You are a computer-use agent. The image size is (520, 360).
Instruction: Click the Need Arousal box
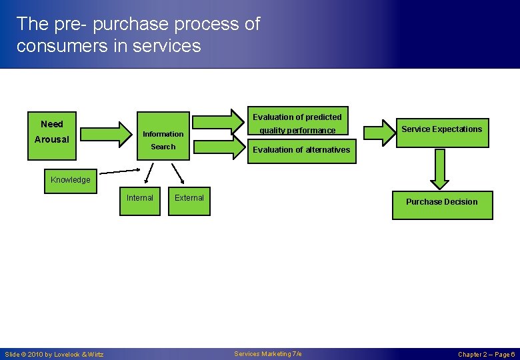pyautogui.click(x=52, y=131)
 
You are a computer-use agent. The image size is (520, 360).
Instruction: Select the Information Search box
pyautogui.click(x=163, y=140)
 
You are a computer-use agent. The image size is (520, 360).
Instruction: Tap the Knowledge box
pyautogui.click(x=70, y=180)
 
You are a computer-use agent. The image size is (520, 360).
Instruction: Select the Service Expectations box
pyautogui.click(x=441, y=130)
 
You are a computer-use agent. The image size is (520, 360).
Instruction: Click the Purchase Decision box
pyautogui.click(x=441, y=203)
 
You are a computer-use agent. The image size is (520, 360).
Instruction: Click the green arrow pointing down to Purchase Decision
pyautogui.click(x=440, y=169)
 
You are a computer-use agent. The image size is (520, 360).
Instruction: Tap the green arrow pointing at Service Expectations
pyautogui.click(x=379, y=131)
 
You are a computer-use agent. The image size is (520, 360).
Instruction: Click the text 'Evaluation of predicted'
pyautogui.click(x=297, y=117)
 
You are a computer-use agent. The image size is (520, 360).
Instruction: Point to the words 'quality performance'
pyautogui.click(x=297, y=131)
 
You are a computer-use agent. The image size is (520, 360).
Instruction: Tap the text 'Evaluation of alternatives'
pyautogui.click(x=301, y=150)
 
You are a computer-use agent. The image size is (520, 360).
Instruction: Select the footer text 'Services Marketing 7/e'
pyautogui.click(x=268, y=354)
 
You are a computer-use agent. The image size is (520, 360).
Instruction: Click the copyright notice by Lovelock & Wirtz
pyautogui.click(x=54, y=355)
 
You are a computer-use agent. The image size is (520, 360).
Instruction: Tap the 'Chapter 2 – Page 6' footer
pyautogui.click(x=486, y=355)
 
